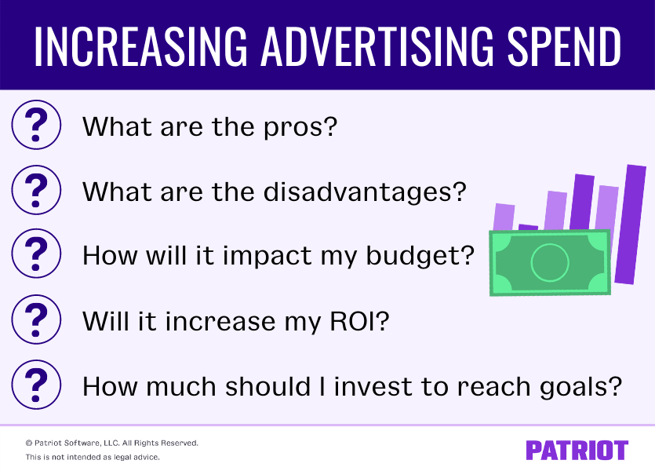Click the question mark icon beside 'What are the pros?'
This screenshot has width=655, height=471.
tap(36, 124)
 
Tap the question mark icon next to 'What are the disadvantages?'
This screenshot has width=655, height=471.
tap(36, 189)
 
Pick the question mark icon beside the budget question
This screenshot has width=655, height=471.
tap(36, 254)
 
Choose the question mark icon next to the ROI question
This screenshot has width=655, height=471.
tap(36, 319)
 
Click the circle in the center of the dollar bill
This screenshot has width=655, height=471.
tap(549, 262)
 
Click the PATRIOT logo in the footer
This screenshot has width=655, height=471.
tap(577, 450)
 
